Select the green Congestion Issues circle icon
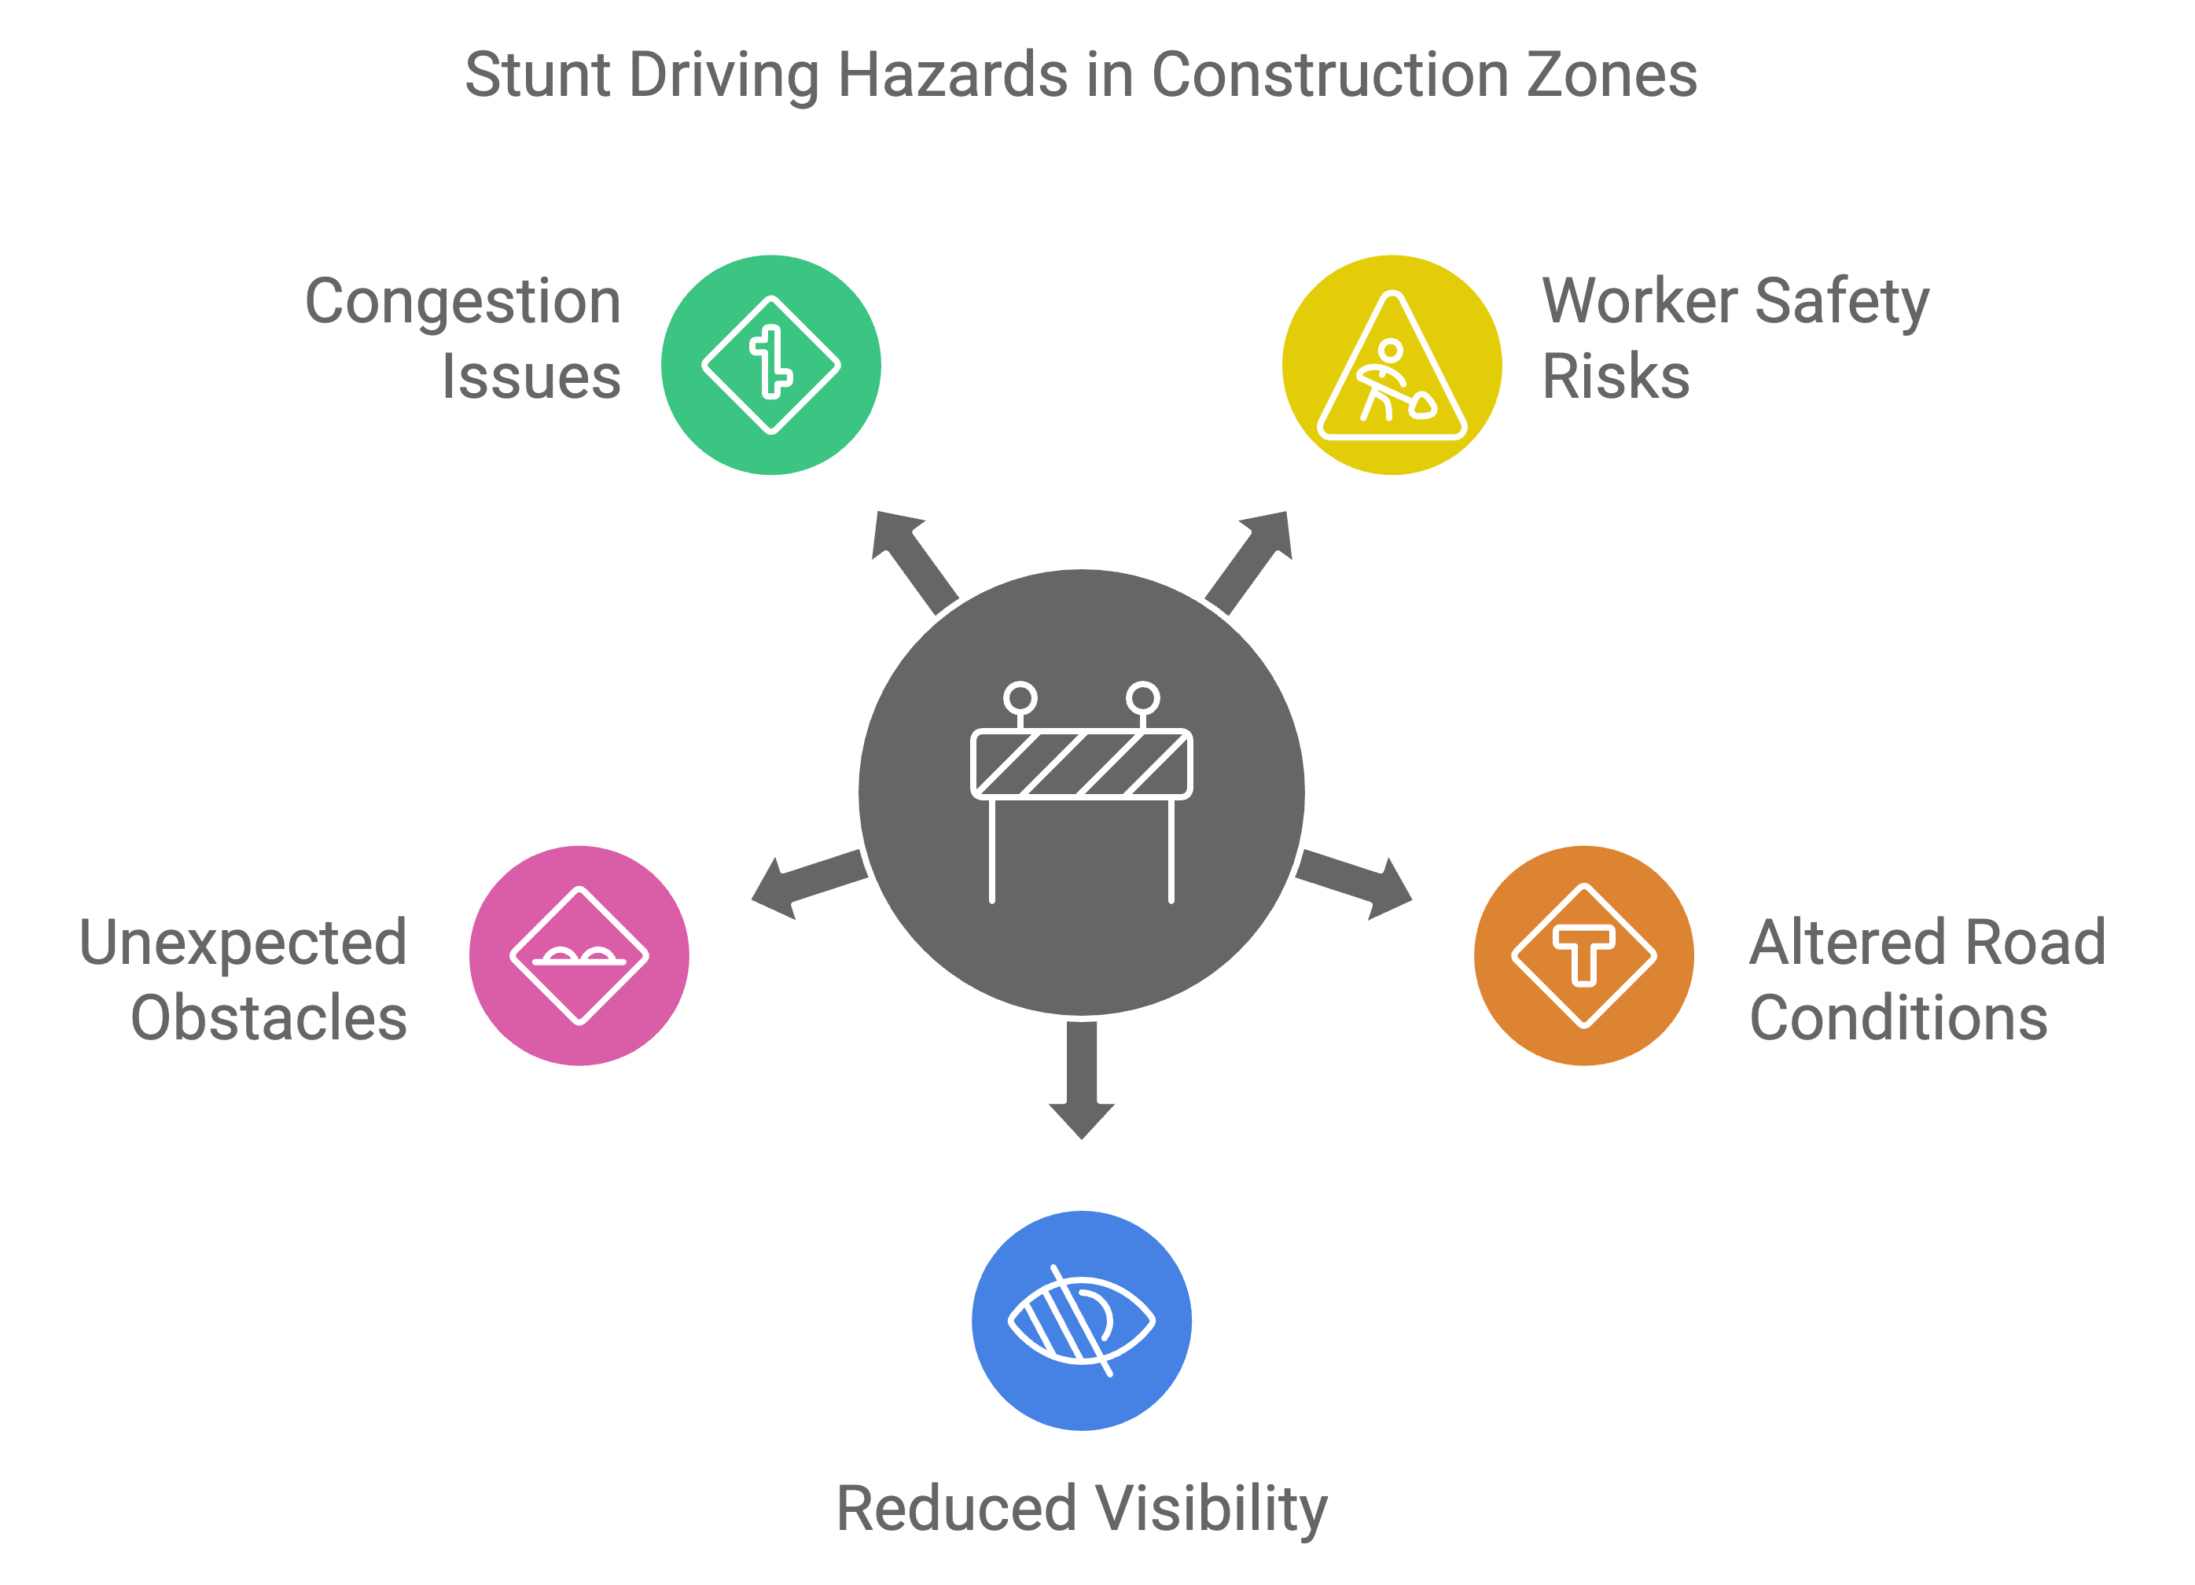click(x=770, y=365)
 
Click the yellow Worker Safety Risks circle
click(x=1392, y=365)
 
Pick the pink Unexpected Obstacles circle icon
click(x=579, y=955)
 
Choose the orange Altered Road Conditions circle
click(x=1583, y=955)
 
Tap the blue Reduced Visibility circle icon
click(x=1081, y=1320)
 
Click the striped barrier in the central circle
click(x=1081, y=764)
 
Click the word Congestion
click(x=462, y=302)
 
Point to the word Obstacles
click(x=269, y=1018)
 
